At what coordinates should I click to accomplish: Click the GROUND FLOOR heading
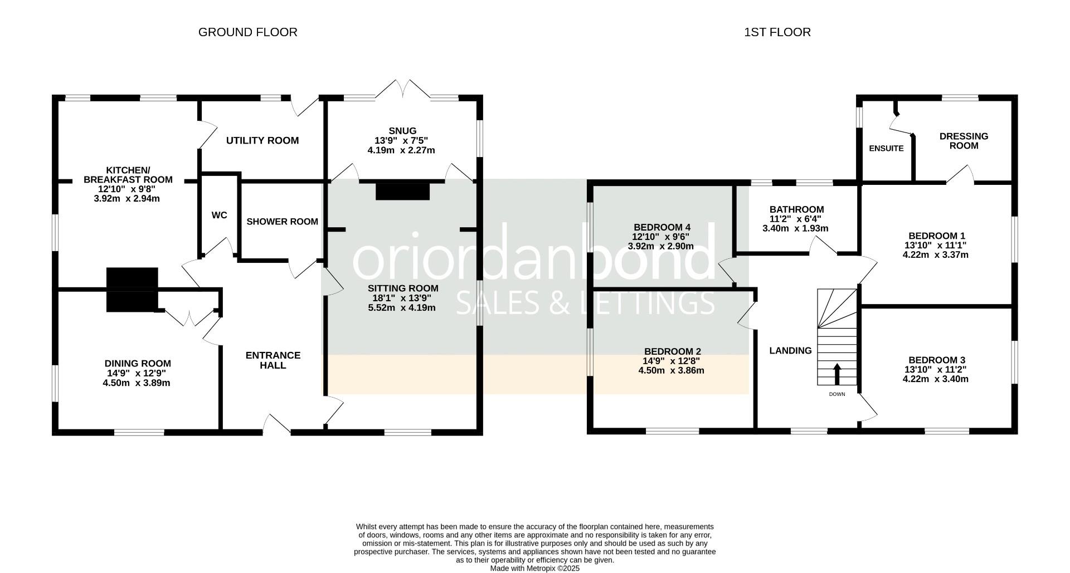coord(247,32)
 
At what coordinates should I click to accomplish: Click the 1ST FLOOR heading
coord(777,32)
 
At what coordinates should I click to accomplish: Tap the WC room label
coord(220,215)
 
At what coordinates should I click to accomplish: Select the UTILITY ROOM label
coord(262,140)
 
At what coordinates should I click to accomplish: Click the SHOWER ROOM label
coord(282,222)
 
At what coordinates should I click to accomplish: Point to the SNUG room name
coord(402,131)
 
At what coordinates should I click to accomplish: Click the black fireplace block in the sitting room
coord(402,191)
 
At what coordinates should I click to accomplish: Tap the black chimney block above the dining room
coord(132,290)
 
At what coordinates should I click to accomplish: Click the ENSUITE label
coord(886,149)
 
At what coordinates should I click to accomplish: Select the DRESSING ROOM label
coord(964,141)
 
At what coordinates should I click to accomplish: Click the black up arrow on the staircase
coord(836,374)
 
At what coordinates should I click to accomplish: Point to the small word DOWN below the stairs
coord(836,394)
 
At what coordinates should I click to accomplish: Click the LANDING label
coord(790,351)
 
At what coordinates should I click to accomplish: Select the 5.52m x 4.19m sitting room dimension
coord(402,307)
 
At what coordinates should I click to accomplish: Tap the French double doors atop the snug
coord(405,89)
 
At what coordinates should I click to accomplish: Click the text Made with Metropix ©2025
coord(534,569)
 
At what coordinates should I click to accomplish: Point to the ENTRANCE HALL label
coord(273,360)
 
